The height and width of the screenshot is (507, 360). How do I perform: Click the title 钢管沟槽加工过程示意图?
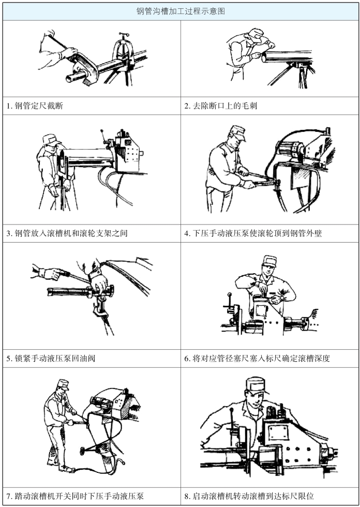[181, 11]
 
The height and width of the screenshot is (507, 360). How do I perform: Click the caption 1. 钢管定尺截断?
[35, 106]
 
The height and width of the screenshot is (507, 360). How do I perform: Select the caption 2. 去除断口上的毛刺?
[221, 106]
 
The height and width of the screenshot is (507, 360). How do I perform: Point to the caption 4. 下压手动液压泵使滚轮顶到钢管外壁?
[253, 233]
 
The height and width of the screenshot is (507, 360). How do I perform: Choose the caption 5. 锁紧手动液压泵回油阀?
[51, 358]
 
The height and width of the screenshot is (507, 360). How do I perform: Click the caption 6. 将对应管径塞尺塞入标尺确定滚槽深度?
[257, 358]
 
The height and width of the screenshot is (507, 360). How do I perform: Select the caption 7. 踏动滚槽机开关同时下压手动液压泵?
[75, 496]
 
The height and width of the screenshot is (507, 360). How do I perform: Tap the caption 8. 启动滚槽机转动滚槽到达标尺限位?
[249, 496]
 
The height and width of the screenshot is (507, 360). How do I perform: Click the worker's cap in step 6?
[270, 260]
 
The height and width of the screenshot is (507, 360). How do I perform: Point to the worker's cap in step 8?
[257, 385]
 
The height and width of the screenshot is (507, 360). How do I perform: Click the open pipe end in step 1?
[69, 78]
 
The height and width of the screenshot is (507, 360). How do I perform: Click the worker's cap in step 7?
[63, 384]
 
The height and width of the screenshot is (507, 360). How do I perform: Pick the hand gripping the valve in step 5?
[99, 282]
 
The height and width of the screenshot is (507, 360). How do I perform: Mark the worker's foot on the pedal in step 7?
[66, 469]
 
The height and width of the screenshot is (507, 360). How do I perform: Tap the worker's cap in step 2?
[256, 33]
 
